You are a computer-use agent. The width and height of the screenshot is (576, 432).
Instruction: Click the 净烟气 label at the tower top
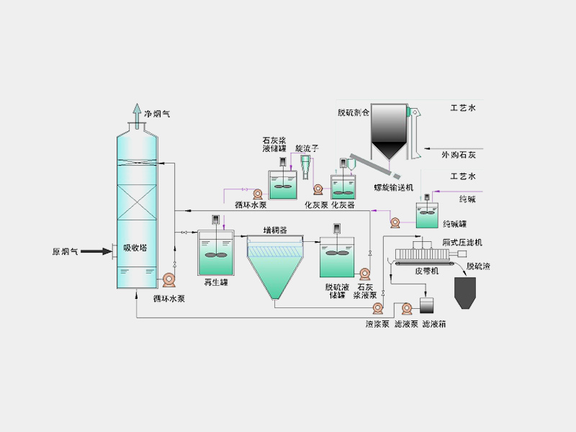coord(157,113)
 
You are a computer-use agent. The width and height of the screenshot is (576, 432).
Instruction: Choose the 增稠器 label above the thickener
coord(276,230)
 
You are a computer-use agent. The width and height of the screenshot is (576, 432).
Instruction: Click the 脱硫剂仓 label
coord(353,113)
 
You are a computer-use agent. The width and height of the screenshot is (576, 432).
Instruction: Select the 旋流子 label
coord(307,148)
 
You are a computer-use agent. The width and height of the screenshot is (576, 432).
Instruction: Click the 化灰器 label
coord(343,204)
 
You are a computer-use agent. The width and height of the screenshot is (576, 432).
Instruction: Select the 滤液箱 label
coord(433,324)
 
